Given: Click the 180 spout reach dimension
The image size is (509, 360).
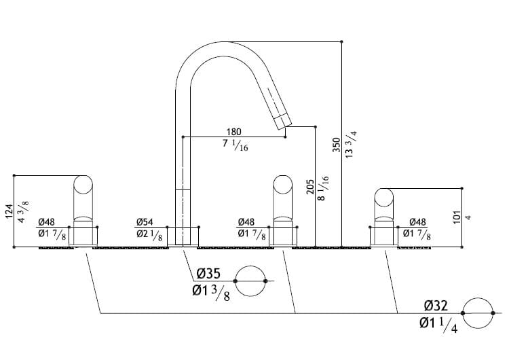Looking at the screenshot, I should [233, 131].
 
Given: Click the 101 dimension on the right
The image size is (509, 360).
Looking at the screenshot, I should [457, 217].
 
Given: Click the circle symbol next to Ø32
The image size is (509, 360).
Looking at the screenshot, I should [478, 312].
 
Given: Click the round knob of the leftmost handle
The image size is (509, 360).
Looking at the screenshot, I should [83, 186].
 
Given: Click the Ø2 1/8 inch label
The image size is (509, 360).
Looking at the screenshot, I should [149, 235].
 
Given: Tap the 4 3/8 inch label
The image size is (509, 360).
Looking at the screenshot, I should [24, 211].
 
